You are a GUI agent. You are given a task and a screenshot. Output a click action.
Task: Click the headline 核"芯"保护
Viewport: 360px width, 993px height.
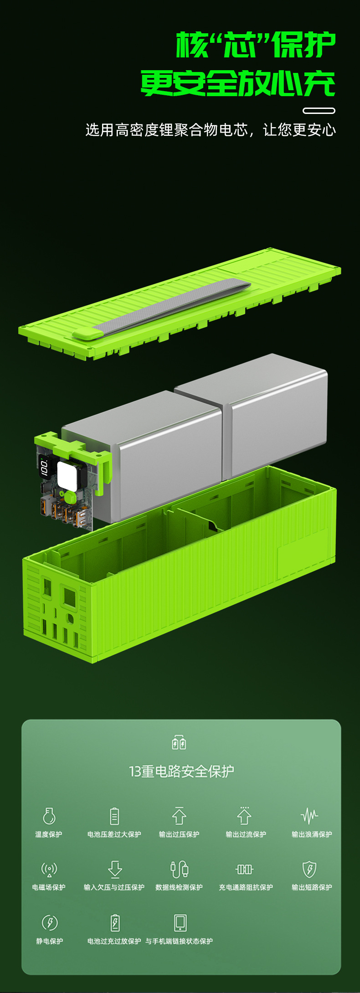pos(256,45)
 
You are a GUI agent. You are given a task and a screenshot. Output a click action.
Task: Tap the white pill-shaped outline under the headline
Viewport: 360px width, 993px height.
pos(319,110)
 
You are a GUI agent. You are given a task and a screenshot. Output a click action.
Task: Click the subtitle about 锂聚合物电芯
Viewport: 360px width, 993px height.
pos(211,130)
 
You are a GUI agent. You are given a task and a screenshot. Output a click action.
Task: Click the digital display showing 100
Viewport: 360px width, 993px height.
pos(44,467)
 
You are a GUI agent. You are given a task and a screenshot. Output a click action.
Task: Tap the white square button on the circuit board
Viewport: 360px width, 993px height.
pos(66,475)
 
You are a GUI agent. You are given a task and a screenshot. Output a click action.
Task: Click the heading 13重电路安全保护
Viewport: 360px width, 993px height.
pos(181,772)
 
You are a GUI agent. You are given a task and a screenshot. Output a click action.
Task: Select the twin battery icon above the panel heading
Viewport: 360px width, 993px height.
pos(179,742)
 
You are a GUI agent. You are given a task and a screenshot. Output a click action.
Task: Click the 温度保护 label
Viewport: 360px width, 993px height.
pos(49,834)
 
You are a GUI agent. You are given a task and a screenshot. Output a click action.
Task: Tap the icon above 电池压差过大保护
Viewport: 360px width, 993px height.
pos(114,816)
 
